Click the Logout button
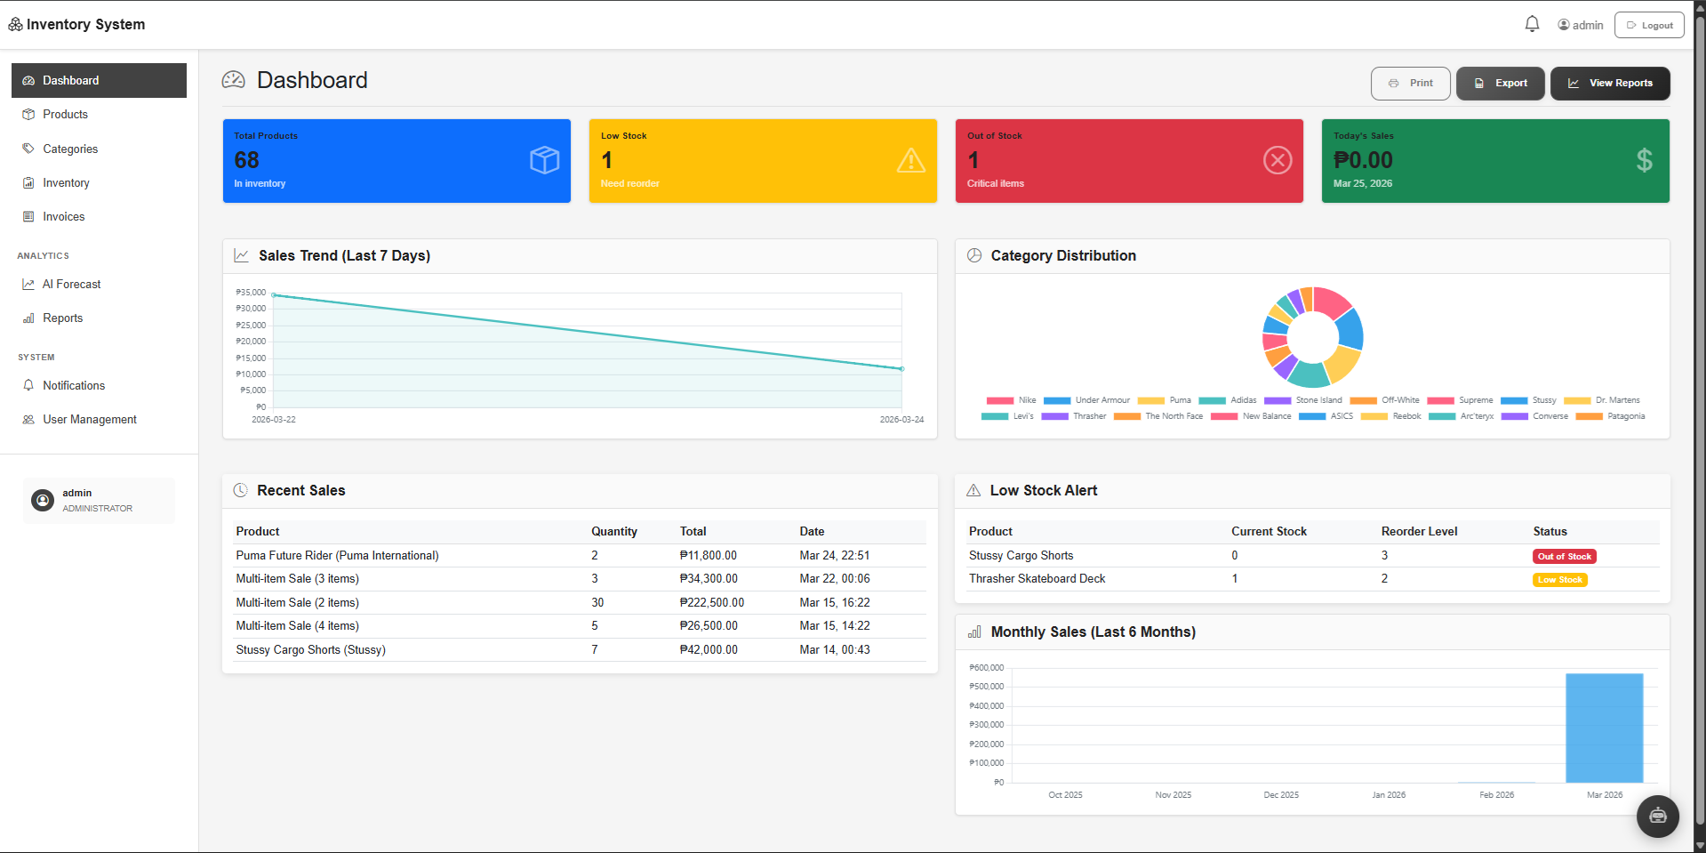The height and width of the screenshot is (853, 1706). coord(1649,25)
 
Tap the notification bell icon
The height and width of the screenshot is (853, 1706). coord(1532,24)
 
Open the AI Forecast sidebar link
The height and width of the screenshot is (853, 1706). coord(71,285)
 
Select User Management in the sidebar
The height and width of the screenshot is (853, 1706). coord(89,420)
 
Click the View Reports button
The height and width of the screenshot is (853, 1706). coord(1609,83)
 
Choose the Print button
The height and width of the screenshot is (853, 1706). coord(1410,83)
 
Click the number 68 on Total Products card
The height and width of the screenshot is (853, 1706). coord(246,160)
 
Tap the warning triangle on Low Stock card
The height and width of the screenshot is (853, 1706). coord(910,161)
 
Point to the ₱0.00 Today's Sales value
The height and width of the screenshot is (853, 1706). coord(1363,160)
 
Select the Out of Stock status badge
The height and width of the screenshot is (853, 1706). coord(1565,557)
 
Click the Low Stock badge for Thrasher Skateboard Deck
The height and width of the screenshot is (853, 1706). coord(1560,580)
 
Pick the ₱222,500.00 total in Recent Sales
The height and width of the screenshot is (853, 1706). coord(711,603)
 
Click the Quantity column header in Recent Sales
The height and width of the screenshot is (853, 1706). coord(614,532)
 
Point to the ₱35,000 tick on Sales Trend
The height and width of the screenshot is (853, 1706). coord(251,293)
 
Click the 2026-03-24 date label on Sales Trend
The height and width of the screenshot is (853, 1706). coord(901,420)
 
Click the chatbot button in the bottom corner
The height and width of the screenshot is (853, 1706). coord(1657,817)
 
